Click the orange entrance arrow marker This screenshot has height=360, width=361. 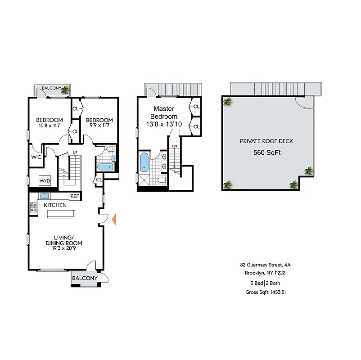tap(114, 220)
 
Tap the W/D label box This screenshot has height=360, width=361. tap(45, 181)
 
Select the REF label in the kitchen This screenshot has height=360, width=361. tap(75, 196)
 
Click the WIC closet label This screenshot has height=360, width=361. tap(36, 157)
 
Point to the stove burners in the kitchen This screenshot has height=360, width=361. tap(33, 207)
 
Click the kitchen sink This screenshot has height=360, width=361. tap(45, 196)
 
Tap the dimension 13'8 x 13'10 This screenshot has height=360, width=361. tap(163, 124)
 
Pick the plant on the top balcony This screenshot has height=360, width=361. tap(65, 90)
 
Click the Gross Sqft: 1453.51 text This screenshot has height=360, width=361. tap(266, 292)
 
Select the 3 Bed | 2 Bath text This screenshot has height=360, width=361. tap(266, 283)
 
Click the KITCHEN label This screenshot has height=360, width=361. tap(55, 205)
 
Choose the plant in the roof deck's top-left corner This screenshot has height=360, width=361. tap(228, 102)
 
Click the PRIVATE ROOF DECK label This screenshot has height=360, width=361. tap(266, 141)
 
